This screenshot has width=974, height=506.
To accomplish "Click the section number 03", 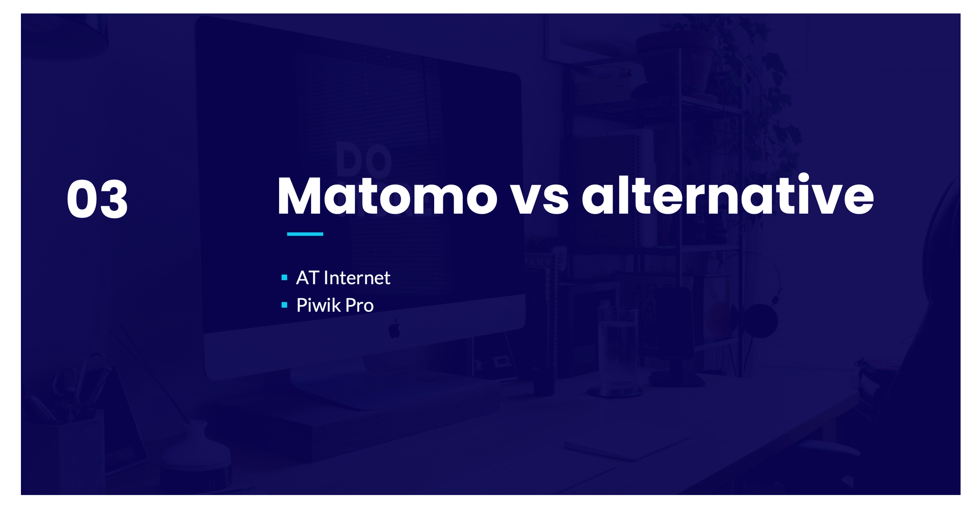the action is (x=97, y=199).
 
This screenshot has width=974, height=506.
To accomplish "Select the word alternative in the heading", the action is (x=728, y=195).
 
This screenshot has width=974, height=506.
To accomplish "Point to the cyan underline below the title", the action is (x=305, y=234).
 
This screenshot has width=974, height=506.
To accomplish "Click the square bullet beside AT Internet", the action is (x=284, y=277).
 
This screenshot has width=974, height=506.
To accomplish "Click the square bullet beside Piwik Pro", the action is (x=284, y=305).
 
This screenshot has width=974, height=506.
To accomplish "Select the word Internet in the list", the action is (x=357, y=278).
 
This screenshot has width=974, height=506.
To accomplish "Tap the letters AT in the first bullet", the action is (x=307, y=278).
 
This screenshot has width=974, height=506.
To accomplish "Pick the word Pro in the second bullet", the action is (x=360, y=306).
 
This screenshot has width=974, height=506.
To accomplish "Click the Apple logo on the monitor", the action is (x=394, y=329).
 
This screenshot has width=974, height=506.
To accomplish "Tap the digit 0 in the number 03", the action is (x=81, y=200).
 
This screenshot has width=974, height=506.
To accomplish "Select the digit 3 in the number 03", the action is (x=113, y=200).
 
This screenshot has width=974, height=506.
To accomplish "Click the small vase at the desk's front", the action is (x=196, y=451).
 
